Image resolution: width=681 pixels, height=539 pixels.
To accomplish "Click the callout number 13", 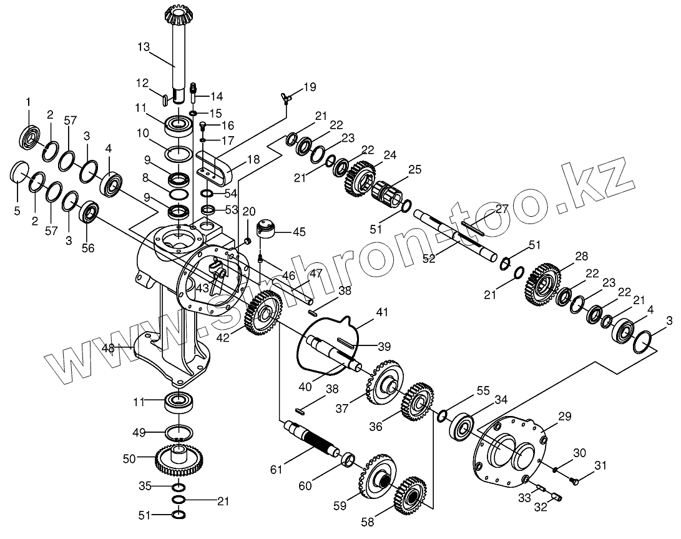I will (x=144, y=46).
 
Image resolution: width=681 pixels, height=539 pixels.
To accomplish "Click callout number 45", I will (x=299, y=232).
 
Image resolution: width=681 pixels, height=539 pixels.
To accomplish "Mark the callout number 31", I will (x=600, y=465).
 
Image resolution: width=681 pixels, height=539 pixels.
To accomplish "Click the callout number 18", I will (x=253, y=160).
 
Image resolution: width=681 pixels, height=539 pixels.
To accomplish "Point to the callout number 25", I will (x=415, y=171).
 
